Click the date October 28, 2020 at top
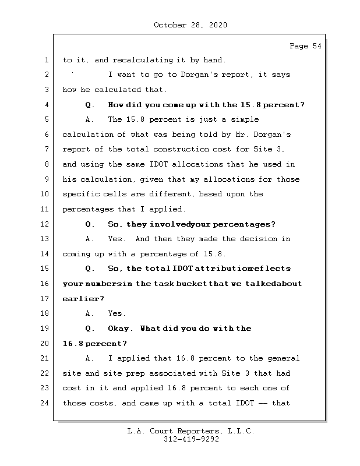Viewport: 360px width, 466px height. tap(190, 25)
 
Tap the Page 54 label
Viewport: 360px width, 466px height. tap(305, 46)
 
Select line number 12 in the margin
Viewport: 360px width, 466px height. tap(46, 224)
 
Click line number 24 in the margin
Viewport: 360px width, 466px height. tap(46, 403)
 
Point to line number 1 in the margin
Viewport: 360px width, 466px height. tap(46, 60)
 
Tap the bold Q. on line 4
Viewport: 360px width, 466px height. tap(90, 105)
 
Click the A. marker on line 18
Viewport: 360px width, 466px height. tap(90, 313)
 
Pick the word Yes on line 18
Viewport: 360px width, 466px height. tap(117, 313)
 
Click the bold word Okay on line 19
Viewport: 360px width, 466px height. tap(121, 329)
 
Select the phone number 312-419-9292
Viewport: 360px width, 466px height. tap(191, 440)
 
